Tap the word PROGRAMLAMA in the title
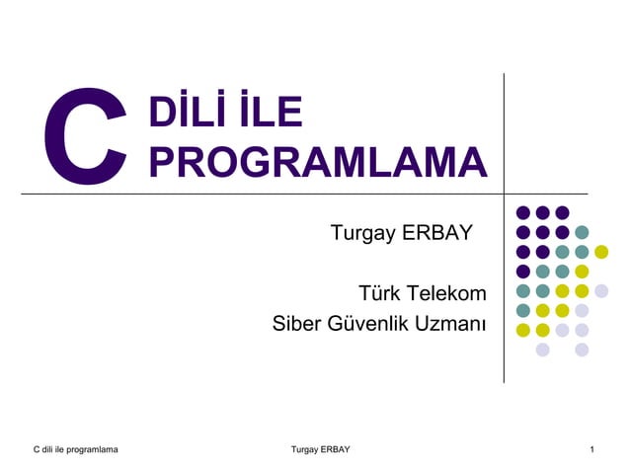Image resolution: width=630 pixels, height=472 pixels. [x=318, y=161]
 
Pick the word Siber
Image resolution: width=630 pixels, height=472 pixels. [x=298, y=323]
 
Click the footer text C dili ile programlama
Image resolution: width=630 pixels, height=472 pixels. [x=74, y=450]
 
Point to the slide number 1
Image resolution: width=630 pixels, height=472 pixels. [x=591, y=450]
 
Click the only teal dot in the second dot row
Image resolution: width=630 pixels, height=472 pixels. [x=582, y=232]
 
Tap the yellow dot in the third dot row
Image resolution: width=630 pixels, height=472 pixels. [x=601, y=252]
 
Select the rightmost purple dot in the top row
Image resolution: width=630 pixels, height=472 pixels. [x=562, y=212]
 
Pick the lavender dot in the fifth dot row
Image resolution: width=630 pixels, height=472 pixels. [x=601, y=290]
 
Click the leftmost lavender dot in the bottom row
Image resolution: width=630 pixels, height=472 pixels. [x=542, y=350]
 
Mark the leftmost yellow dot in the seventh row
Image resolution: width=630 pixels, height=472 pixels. [x=523, y=330]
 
